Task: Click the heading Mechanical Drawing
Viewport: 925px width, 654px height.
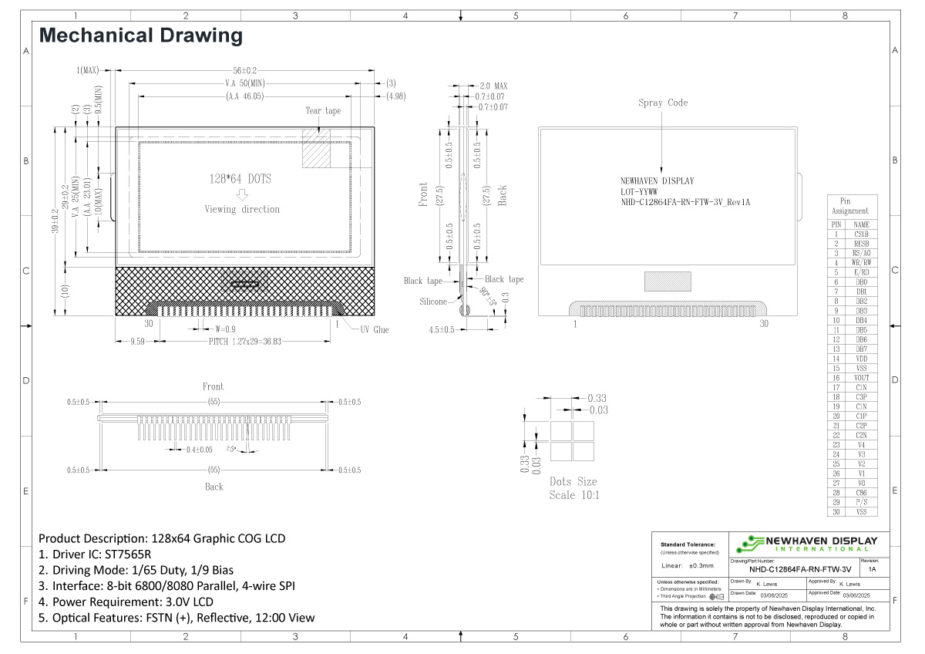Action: [140, 35]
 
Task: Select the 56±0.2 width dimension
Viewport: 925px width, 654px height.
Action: [245, 69]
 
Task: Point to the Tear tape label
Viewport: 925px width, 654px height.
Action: [323, 111]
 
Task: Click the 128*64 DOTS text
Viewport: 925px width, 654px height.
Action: [240, 178]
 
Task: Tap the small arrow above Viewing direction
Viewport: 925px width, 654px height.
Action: [242, 194]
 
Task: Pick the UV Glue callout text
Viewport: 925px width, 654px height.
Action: [375, 329]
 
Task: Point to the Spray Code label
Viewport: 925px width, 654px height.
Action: [663, 103]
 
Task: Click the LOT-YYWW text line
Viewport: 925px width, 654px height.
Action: [639, 192]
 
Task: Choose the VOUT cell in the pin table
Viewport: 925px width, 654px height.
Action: [861, 378]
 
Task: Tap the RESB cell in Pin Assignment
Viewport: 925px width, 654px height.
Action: [861, 244]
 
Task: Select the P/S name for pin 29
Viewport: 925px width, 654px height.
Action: [861, 502]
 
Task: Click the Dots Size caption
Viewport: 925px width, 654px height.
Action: [573, 482]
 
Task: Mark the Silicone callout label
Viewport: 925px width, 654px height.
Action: [433, 302]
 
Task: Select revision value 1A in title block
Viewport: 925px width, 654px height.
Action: [872, 569]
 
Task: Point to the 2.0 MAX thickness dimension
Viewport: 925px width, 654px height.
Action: [493, 86]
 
